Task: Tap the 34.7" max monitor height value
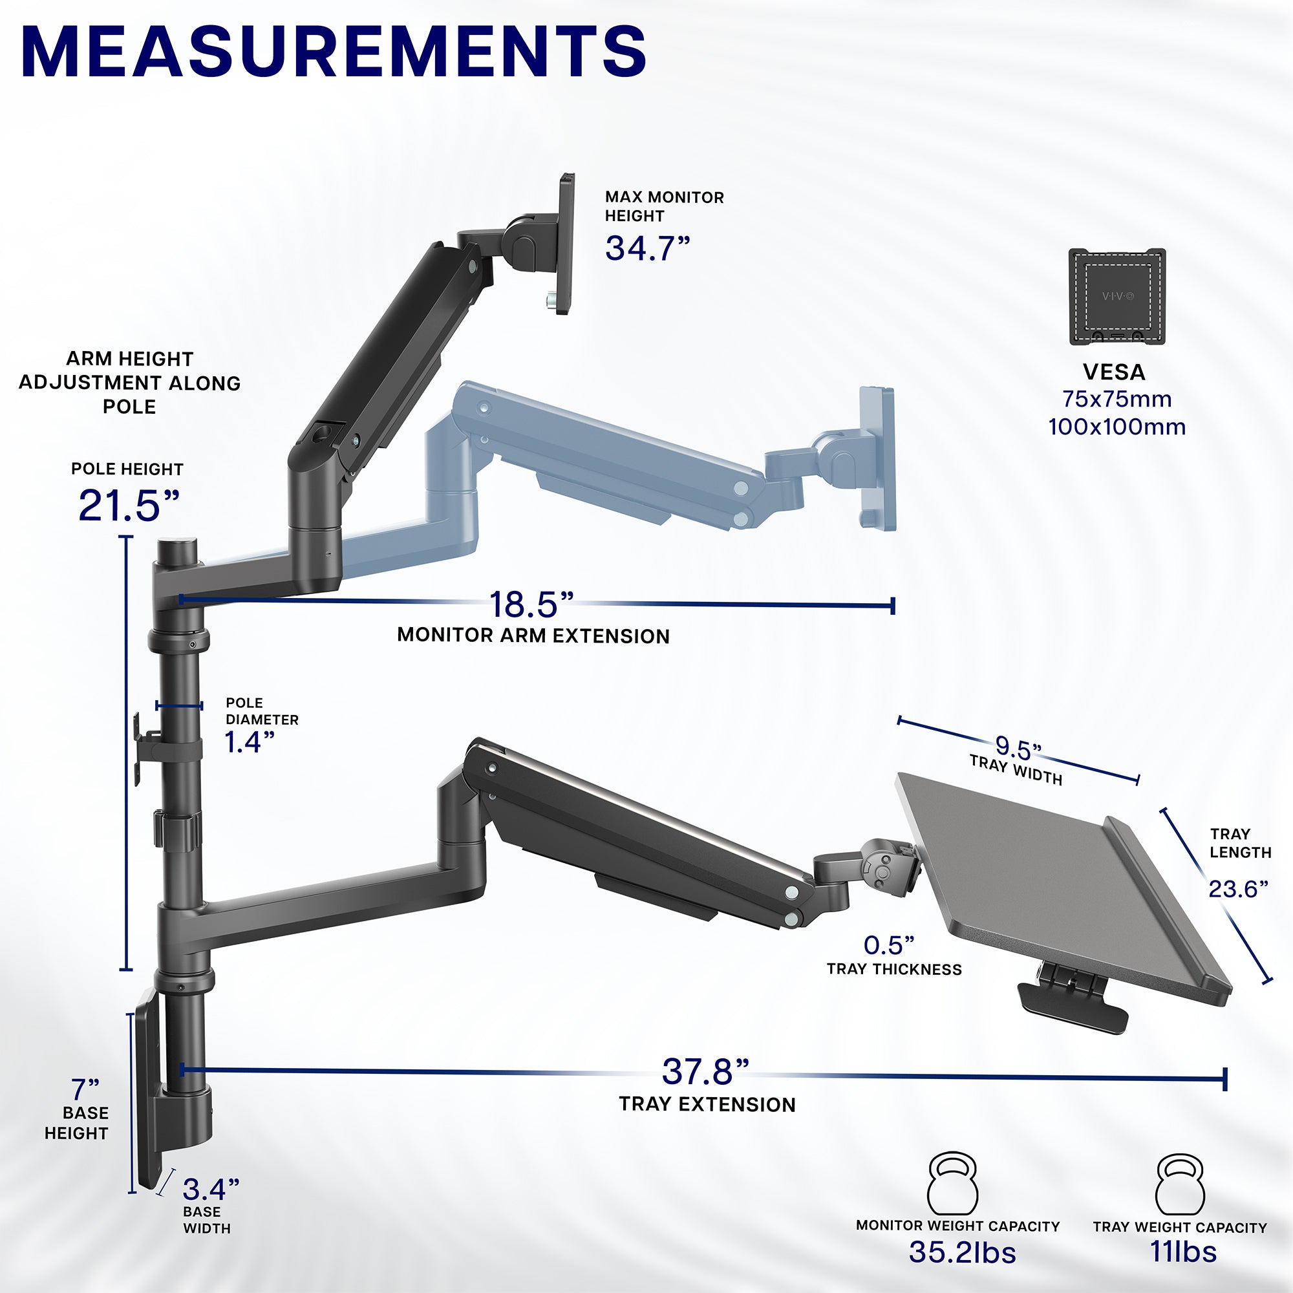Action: tap(646, 248)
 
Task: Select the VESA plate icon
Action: tap(1117, 297)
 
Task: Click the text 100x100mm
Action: tap(1117, 427)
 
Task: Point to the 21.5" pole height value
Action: tap(129, 506)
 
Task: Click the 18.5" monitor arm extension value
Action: tap(531, 604)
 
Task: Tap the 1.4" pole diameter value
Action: tap(249, 742)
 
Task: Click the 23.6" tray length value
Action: tap(1237, 889)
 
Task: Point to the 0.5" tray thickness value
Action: tap(888, 945)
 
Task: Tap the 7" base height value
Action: tap(85, 1089)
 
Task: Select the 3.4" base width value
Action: tap(210, 1190)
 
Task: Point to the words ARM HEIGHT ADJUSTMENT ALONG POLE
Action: tap(129, 383)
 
